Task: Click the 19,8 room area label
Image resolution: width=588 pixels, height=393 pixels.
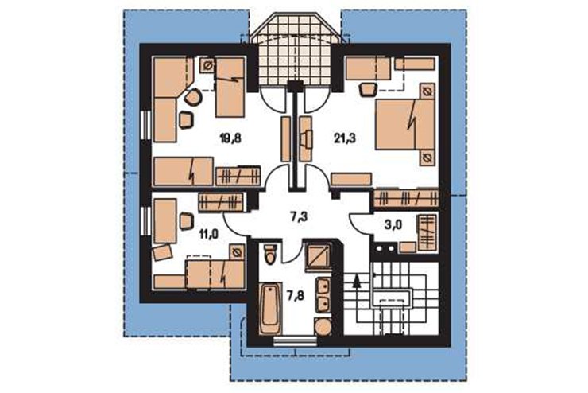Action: pyautogui.click(x=230, y=139)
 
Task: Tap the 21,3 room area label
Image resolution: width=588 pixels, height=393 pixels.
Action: pyautogui.click(x=345, y=139)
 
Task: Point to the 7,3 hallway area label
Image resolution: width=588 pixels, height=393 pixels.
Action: pyautogui.click(x=300, y=216)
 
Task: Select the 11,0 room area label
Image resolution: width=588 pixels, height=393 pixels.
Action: pyautogui.click(x=209, y=235)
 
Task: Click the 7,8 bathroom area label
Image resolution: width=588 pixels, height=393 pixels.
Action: pyautogui.click(x=296, y=296)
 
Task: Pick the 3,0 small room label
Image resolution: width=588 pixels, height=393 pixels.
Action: pyautogui.click(x=393, y=225)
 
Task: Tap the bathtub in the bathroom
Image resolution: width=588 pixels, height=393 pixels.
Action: pyautogui.click(x=270, y=309)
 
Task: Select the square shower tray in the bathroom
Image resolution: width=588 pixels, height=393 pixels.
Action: pyautogui.click(x=318, y=257)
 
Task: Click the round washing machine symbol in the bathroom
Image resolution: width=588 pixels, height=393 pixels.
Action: pyautogui.click(x=323, y=328)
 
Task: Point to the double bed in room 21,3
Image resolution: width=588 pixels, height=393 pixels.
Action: pyautogui.click(x=404, y=125)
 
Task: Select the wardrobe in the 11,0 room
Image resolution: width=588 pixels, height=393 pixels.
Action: pyautogui.click(x=221, y=202)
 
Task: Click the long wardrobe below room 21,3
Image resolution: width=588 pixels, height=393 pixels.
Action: pyautogui.click(x=406, y=198)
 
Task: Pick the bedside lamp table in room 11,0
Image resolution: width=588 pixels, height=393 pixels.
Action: pyautogui.click(x=237, y=253)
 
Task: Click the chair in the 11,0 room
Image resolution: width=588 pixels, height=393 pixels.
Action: pyautogui.click(x=186, y=221)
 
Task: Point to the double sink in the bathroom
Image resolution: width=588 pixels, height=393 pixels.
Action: pyautogui.click(x=323, y=295)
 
